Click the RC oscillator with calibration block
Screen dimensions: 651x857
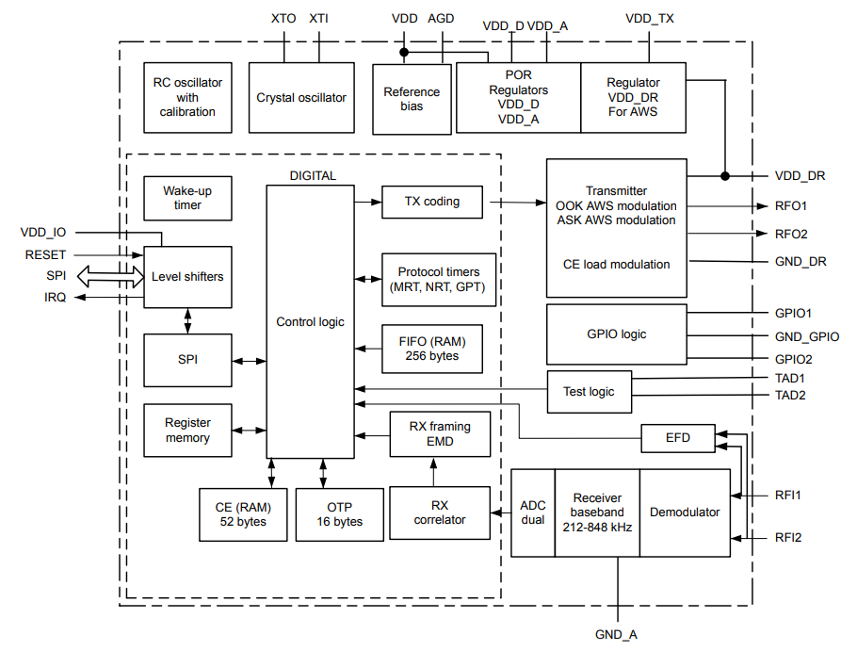coord(187,97)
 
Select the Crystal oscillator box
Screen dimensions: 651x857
coord(301,97)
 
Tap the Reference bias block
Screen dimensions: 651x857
coord(412,98)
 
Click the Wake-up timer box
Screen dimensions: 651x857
coord(187,198)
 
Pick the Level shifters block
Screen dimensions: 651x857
coord(187,277)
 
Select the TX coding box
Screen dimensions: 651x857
coord(432,201)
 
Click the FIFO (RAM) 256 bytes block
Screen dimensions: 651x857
coord(432,349)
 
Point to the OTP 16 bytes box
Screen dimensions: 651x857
coord(339,514)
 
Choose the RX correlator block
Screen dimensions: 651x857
coord(440,513)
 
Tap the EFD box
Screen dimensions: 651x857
coord(677,438)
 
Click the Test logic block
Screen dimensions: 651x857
coord(589,391)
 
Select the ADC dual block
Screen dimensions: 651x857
coord(532,513)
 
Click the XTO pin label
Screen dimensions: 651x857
coord(283,18)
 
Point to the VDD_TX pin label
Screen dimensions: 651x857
coord(650,18)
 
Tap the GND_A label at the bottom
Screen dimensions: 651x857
coord(617,634)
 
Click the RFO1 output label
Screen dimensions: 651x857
coord(791,205)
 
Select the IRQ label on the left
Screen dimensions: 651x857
coord(53,298)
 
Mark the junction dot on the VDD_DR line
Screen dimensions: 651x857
coord(725,175)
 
